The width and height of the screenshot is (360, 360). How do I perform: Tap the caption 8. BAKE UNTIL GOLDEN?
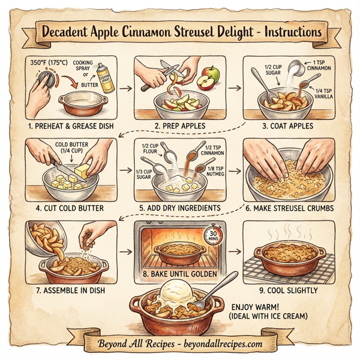tap(179, 273)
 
